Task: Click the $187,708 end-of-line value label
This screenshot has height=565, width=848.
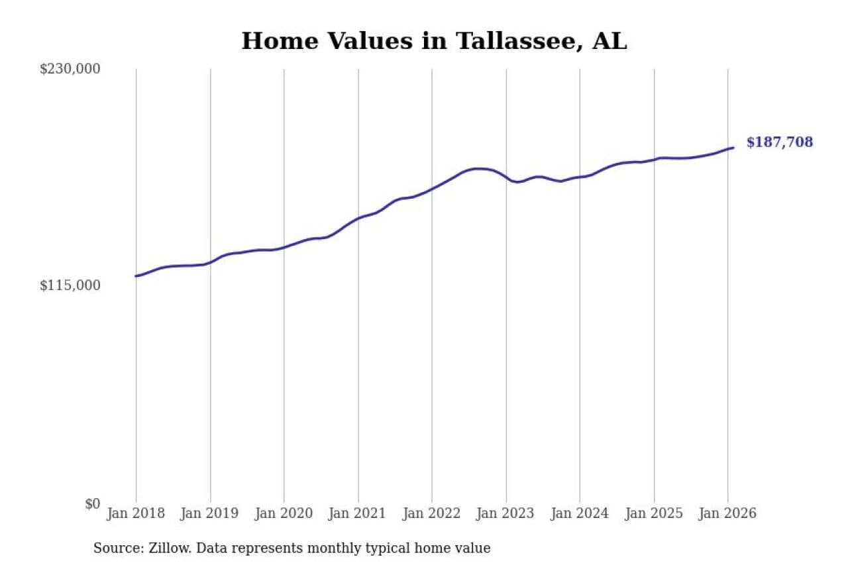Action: [779, 142]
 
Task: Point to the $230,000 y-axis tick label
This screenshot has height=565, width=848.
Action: [70, 69]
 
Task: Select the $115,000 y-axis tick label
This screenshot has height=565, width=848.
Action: [70, 285]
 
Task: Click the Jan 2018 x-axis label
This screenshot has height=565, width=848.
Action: [136, 513]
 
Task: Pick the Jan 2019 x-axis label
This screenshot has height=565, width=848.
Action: [210, 513]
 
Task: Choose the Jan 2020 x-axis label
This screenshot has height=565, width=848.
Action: [284, 513]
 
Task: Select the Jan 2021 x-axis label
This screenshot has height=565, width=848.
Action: [358, 513]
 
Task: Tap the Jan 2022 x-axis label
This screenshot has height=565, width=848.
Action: [432, 513]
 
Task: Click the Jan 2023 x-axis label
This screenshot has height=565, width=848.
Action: [506, 513]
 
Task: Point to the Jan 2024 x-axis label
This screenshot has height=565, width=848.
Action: [580, 513]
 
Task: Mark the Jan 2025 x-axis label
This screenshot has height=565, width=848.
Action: [654, 513]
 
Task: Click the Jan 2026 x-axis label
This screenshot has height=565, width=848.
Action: [728, 513]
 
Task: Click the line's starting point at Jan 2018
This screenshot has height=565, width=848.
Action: [136, 276]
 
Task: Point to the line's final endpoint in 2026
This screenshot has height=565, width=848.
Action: [733, 148]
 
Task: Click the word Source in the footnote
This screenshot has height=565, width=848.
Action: [114, 548]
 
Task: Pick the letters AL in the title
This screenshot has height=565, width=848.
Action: [609, 41]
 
